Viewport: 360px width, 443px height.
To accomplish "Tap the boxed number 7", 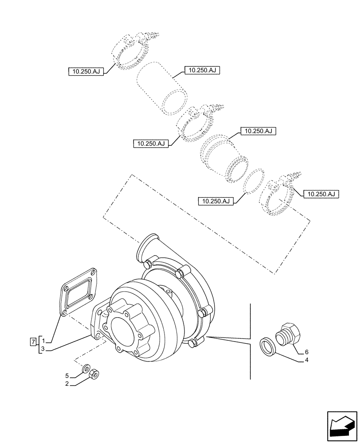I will (32, 342).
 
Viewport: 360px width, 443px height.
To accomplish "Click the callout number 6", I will (306, 352).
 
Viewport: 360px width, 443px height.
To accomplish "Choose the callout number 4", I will (306, 360).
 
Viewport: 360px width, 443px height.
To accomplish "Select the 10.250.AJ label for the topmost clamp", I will (86, 71).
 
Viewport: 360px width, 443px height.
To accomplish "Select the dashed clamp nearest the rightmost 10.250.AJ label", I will (280, 198).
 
